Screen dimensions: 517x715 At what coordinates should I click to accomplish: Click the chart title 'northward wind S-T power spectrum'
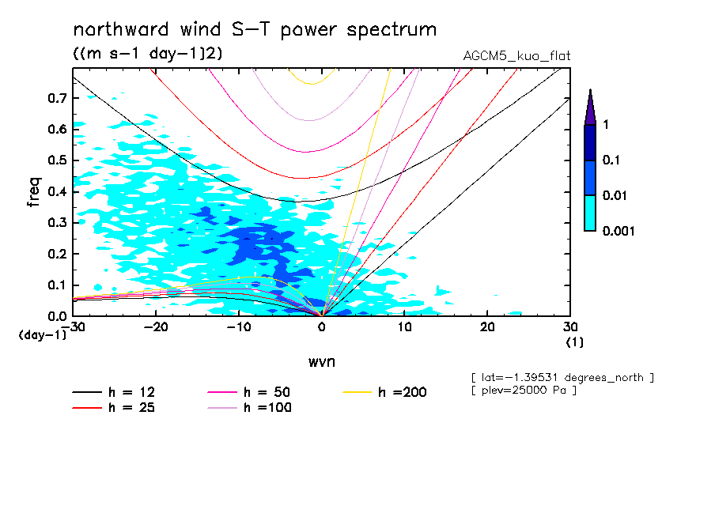[x=254, y=30]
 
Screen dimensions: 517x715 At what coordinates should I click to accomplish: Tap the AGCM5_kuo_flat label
[x=516, y=56]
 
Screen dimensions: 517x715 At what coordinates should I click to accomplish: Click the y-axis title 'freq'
[x=34, y=192]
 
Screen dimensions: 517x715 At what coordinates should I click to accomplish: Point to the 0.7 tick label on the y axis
[x=56, y=98]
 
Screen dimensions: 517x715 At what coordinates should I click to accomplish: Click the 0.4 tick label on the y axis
[x=56, y=191]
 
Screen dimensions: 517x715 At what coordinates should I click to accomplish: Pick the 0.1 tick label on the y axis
[x=56, y=285]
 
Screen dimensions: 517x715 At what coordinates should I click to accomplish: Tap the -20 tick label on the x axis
[x=155, y=327]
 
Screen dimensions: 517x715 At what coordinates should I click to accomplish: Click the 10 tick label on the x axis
[x=404, y=327]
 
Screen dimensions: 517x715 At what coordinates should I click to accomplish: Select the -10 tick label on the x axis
[x=238, y=327]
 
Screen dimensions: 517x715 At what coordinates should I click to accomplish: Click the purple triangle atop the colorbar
[x=590, y=108]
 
